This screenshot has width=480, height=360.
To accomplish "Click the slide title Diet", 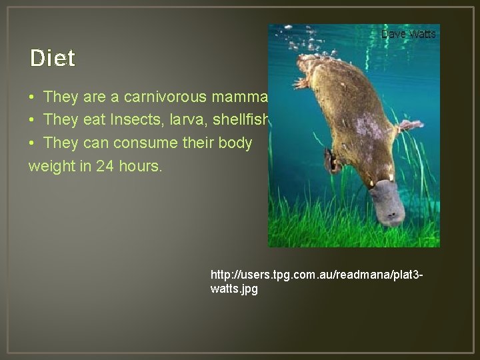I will pyautogui.click(x=53, y=59).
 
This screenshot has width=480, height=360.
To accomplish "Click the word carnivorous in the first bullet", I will pyautogui.click(x=167, y=97).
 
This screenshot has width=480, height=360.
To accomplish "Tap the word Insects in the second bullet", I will pyautogui.click(x=130, y=120).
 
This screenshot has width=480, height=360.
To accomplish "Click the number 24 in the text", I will pyautogui.click(x=105, y=166).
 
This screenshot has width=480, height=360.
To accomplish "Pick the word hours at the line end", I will pyautogui.click(x=139, y=166).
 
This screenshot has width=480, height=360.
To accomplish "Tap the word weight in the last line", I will pyautogui.click(x=51, y=166).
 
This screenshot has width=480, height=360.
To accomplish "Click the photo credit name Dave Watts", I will pyautogui.click(x=408, y=34).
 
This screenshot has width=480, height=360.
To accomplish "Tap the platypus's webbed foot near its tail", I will pyautogui.click(x=301, y=83).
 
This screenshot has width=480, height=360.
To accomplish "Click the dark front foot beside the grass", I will pyautogui.click(x=331, y=161).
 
